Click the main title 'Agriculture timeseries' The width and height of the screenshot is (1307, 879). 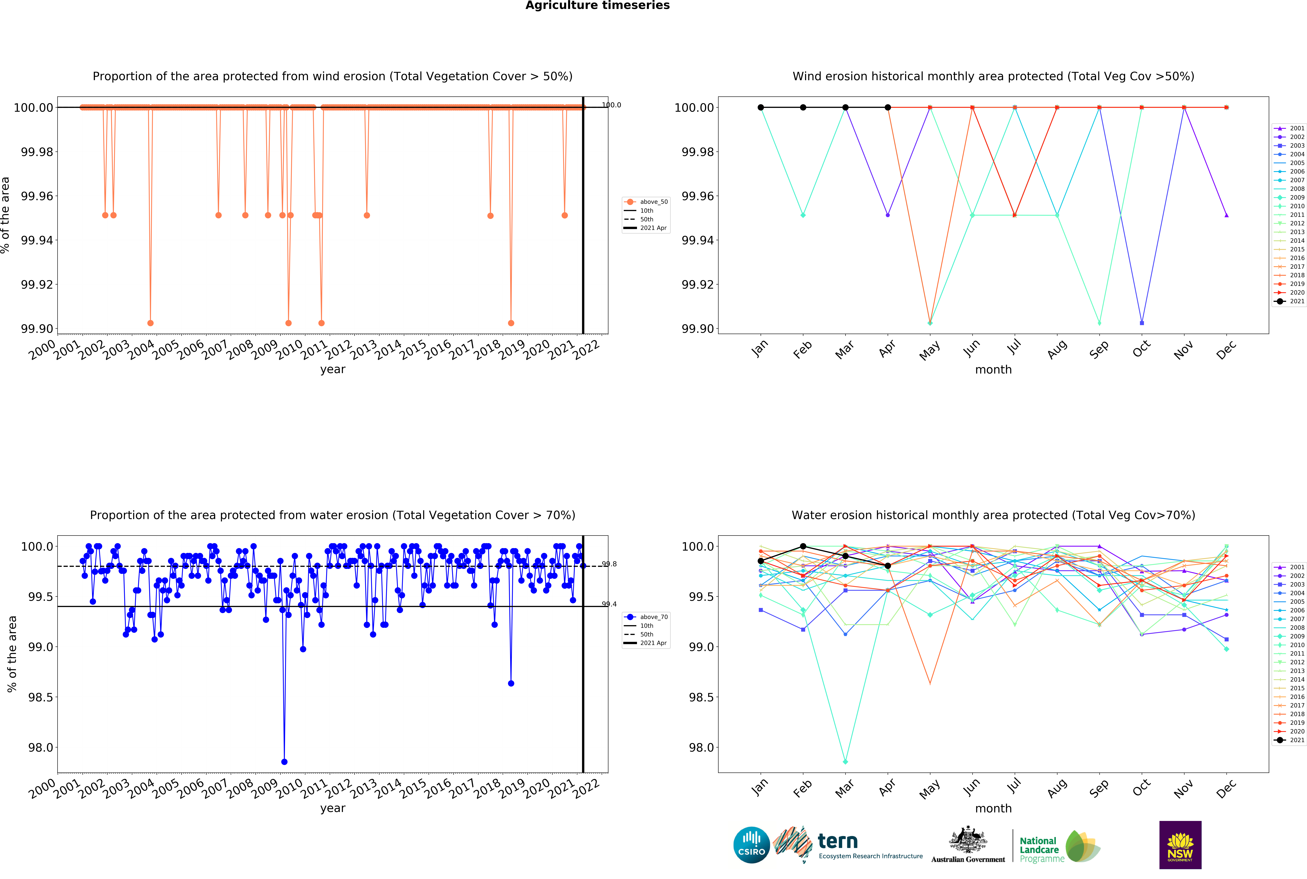pyautogui.click(x=597, y=6)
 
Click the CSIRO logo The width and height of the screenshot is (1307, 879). pyautogui.click(x=751, y=845)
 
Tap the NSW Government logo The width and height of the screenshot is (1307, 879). pyautogui.click(x=1180, y=845)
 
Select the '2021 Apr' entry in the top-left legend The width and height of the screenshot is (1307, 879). pyautogui.click(x=653, y=228)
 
